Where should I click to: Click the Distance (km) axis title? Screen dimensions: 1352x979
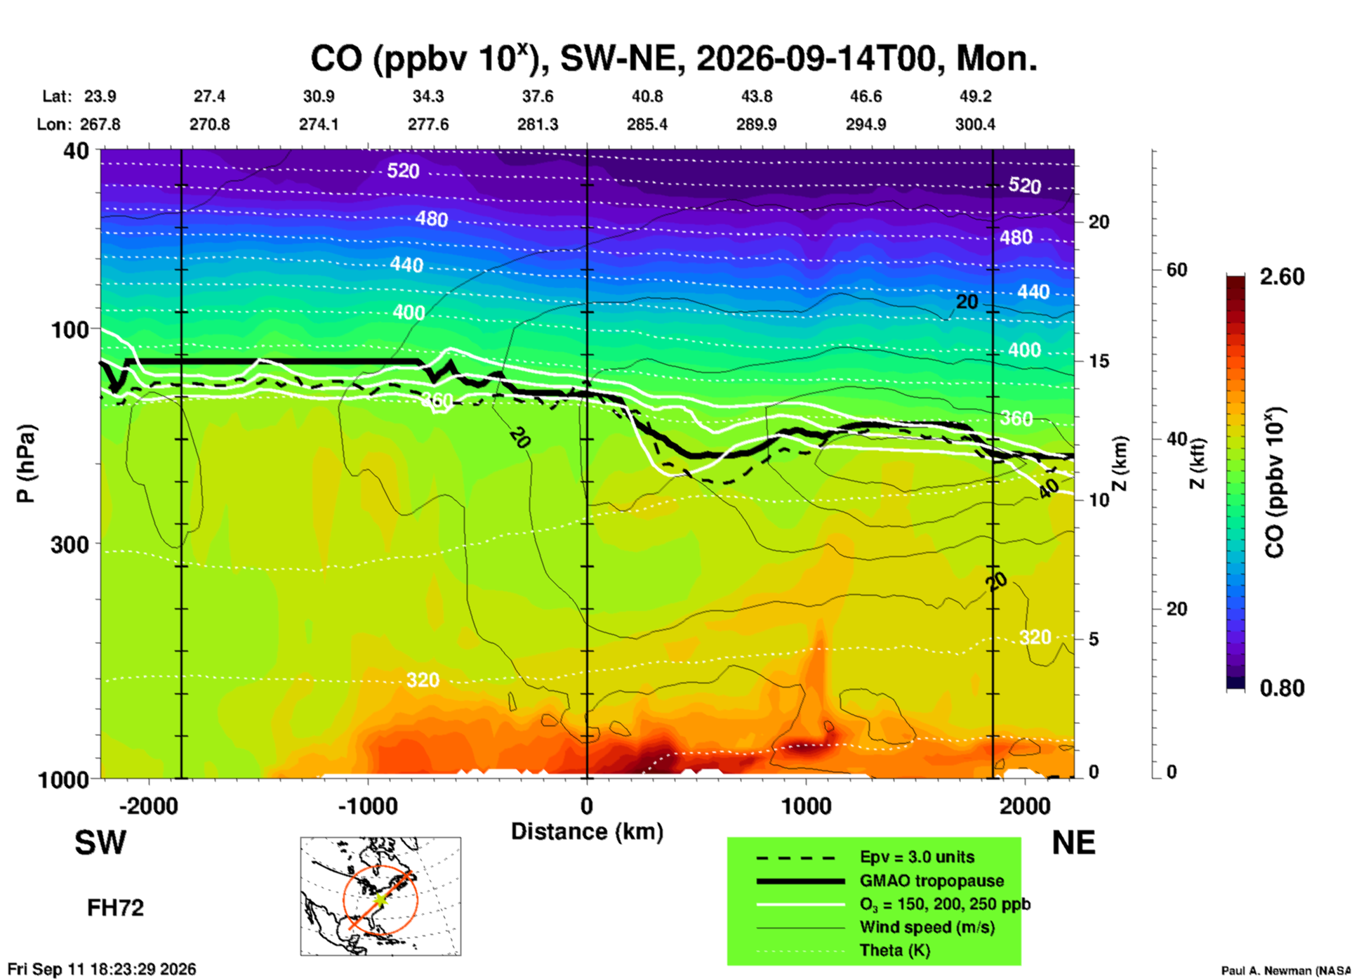(587, 832)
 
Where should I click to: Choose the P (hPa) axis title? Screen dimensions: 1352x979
(25, 464)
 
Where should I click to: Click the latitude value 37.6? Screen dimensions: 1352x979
(538, 96)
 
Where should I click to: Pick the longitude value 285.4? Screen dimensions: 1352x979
(647, 124)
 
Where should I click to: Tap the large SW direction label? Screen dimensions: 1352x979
(100, 843)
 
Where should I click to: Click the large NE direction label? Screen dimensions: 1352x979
(1073, 843)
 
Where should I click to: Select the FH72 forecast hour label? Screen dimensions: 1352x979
(115, 908)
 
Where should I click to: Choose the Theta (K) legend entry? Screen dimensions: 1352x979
(843, 950)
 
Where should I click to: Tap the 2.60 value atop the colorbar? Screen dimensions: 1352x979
(1282, 277)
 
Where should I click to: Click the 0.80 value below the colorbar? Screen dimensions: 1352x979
(1282, 688)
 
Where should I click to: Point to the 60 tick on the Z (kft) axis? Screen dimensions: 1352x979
(1177, 270)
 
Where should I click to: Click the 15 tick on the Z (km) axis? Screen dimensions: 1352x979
(1099, 361)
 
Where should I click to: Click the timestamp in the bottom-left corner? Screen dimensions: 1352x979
(102, 969)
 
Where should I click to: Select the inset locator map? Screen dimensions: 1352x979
(380, 896)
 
